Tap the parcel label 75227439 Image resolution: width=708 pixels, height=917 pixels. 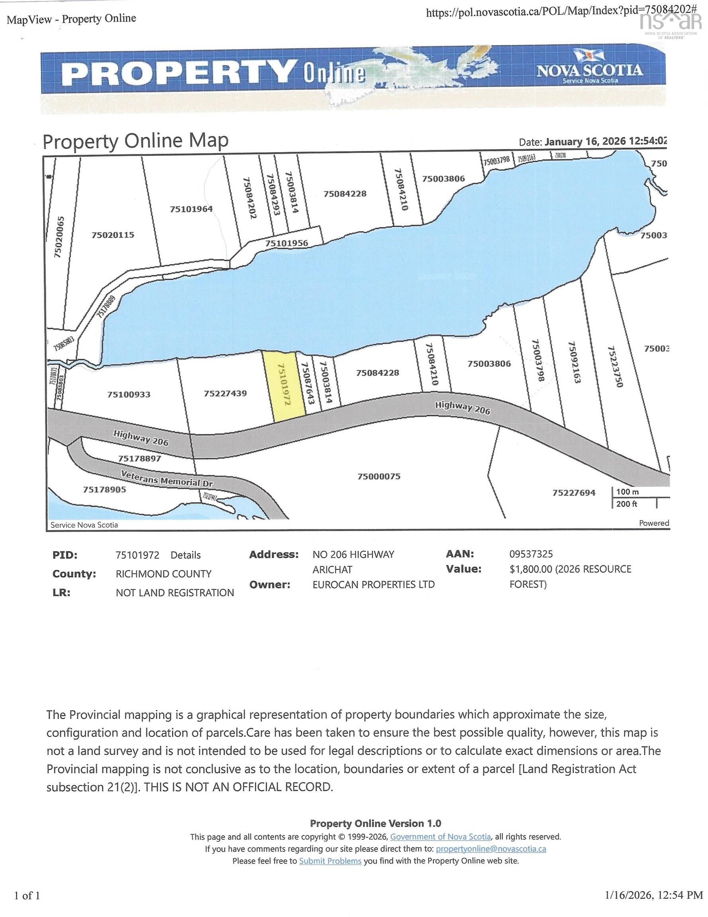(225, 393)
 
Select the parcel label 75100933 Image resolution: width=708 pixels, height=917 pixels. (129, 394)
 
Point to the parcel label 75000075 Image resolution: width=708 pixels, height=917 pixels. (379, 476)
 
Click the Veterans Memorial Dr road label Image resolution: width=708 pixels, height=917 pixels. (167, 479)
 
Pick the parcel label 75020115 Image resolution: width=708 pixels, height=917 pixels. (113, 235)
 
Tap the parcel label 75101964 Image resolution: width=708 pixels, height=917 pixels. (191, 209)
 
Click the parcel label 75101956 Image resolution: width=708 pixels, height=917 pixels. (287, 243)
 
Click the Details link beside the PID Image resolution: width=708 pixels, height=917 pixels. (185, 555)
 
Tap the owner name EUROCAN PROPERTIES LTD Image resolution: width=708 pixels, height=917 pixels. (374, 584)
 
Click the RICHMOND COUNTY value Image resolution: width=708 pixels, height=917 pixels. (163, 574)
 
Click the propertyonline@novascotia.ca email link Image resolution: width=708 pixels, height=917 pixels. (491, 849)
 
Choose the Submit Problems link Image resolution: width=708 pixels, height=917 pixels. (330, 861)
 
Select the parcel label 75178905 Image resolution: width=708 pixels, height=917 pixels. (104, 489)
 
